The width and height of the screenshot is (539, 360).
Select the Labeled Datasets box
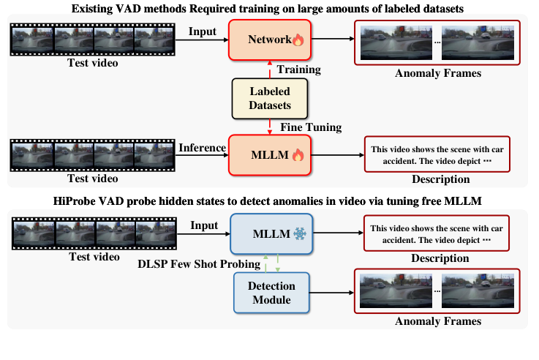click(271, 97)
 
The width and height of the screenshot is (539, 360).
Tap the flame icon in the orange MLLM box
click(298, 155)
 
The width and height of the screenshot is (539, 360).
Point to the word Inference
click(203, 148)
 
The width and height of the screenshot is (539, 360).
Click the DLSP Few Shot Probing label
click(200, 263)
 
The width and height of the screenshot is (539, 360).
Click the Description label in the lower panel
click(439, 258)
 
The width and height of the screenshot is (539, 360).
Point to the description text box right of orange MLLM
click(437, 154)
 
